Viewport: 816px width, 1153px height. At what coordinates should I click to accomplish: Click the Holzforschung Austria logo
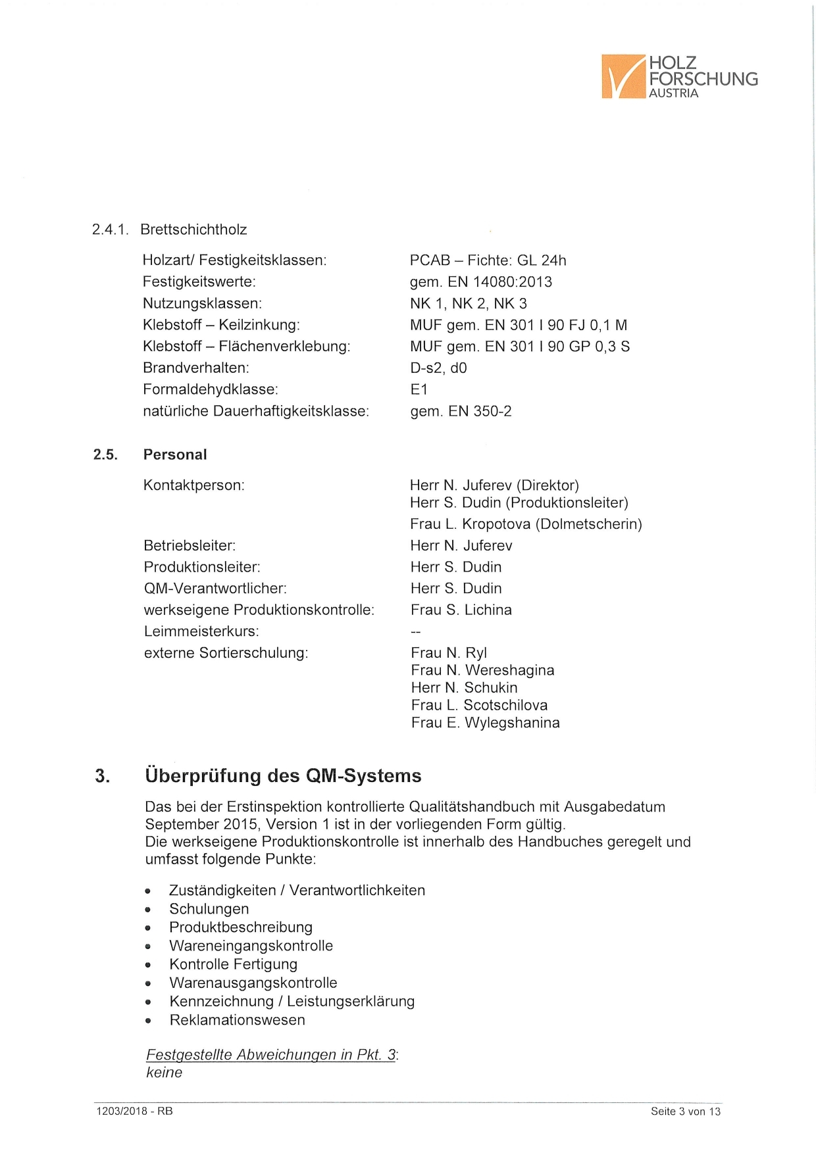tap(679, 77)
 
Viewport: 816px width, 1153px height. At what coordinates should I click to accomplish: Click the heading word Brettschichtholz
tap(193, 230)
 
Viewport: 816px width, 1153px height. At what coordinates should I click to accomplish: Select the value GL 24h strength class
tap(542, 260)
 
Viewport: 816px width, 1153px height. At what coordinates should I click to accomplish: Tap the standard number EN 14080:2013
tap(499, 282)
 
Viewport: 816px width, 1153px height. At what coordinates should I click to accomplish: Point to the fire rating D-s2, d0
tap(438, 368)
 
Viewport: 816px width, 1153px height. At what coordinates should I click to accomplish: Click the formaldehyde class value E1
tap(419, 389)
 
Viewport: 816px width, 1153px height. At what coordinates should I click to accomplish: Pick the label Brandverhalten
tap(196, 368)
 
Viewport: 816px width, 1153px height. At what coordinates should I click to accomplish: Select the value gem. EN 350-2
tap(461, 411)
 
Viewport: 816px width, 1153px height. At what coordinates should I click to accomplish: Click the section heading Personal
tap(175, 454)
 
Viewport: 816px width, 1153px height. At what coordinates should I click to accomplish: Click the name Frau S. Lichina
tap(461, 610)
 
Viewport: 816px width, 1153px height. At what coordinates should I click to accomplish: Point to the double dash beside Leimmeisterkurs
tap(416, 632)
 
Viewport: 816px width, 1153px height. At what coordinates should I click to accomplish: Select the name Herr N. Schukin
tap(464, 688)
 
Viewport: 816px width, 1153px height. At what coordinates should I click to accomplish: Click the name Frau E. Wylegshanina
tap(485, 723)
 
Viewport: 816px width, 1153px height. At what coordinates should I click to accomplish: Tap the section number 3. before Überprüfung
tap(102, 776)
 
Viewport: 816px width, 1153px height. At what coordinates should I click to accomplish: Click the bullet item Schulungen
tap(209, 909)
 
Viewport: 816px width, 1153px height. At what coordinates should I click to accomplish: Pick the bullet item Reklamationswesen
tap(237, 1020)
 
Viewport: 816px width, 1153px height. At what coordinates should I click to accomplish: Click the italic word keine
tap(164, 1073)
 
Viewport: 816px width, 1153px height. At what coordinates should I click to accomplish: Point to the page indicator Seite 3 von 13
tap(685, 1112)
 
